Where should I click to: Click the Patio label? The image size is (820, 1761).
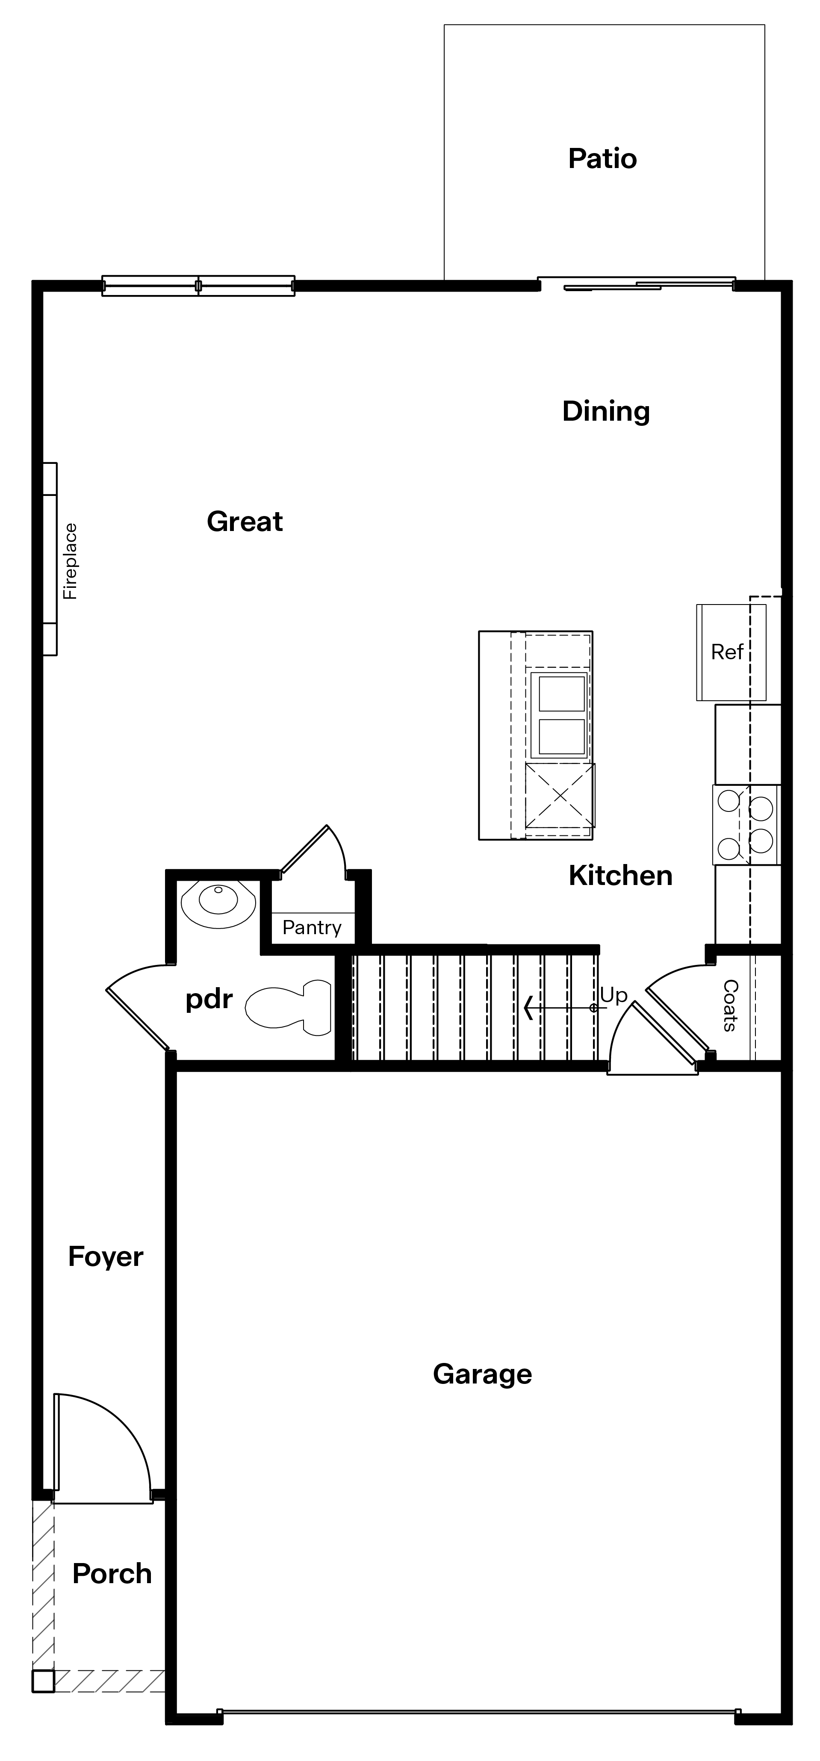click(x=603, y=159)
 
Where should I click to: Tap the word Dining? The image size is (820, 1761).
click(x=606, y=412)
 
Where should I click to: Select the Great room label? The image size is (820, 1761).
click(x=245, y=522)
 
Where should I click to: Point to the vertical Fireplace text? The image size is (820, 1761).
click(x=71, y=561)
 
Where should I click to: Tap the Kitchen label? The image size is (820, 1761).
click(x=620, y=876)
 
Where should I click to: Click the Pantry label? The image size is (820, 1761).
click(x=312, y=928)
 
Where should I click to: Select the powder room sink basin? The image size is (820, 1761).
click(x=218, y=904)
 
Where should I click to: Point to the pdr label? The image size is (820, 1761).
click(x=209, y=1000)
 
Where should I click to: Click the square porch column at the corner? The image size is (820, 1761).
click(x=43, y=1681)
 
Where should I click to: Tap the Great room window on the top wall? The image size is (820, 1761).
click(x=198, y=286)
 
